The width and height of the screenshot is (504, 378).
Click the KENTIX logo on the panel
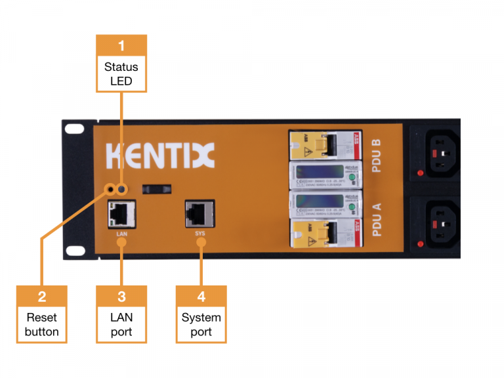[x=159, y=156]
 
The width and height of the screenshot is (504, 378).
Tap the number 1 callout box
[x=121, y=45]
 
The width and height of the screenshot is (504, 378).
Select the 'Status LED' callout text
[x=121, y=73]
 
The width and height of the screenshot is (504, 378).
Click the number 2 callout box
[x=42, y=297]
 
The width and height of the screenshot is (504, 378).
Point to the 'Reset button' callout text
[x=42, y=324]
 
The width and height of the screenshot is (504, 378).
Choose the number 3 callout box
[x=121, y=297]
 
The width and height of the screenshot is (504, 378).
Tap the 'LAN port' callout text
[x=121, y=324]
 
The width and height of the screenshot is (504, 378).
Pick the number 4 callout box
[x=201, y=297]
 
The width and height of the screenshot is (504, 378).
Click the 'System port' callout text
[x=201, y=324]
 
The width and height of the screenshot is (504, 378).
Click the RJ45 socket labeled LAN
[x=121, y=213]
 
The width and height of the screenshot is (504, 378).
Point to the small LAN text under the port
[x=121, y=233]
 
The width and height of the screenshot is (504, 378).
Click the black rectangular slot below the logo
[x=158, y=188]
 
